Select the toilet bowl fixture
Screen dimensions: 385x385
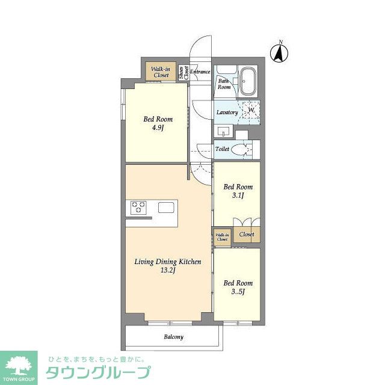(243, 149)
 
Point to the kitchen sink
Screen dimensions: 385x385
(167, 208)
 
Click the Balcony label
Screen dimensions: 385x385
(174, 337)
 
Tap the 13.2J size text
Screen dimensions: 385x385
(167, 270)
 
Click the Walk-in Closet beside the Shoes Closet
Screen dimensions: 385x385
(161, 72)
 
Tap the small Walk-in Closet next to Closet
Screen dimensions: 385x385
(222, 236)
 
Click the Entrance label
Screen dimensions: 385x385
(200, 72)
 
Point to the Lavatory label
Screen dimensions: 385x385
(227, 112)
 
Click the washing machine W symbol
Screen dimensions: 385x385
(251, 110)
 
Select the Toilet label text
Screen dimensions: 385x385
(222, 149)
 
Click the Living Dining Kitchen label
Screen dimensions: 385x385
(167, 262)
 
